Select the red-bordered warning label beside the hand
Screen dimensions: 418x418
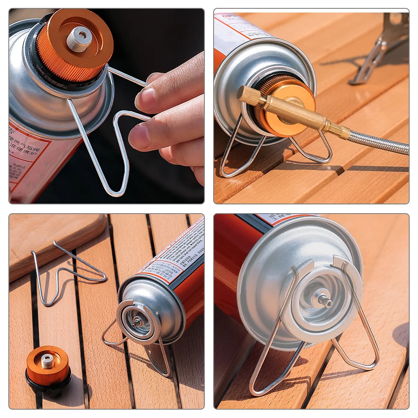[x=25, y=159]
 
